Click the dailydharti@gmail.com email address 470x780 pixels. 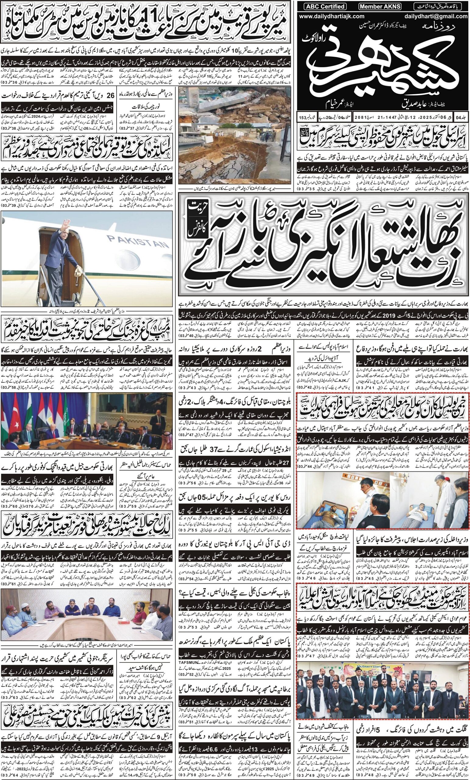436,16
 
